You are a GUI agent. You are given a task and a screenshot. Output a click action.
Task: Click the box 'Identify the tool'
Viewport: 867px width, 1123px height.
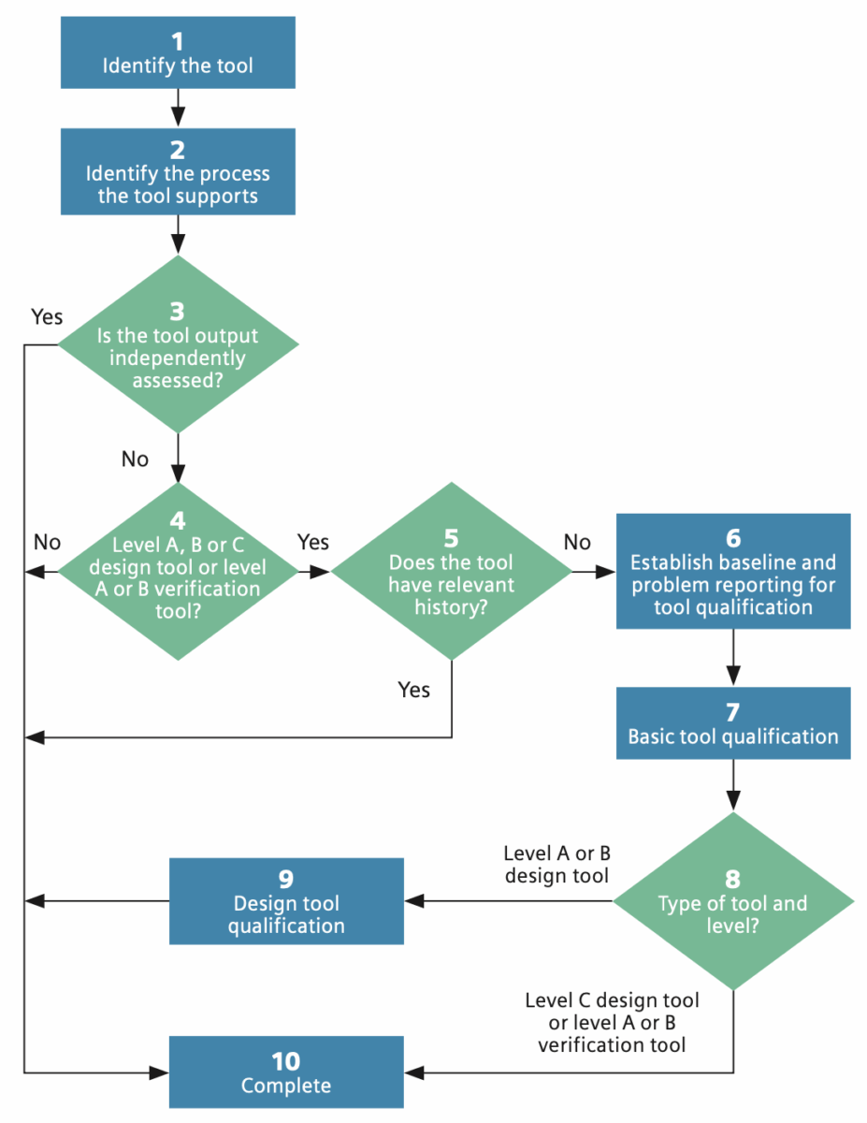click(178, 53)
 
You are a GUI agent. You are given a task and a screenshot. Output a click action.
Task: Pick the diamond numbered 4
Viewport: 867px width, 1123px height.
click(178, 570)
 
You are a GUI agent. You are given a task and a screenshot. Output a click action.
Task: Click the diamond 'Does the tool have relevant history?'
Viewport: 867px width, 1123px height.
click(452, 570)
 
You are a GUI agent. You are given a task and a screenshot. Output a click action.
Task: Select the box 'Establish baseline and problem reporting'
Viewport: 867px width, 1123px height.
click(732, 570)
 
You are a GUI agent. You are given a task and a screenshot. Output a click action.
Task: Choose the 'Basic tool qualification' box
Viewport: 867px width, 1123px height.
click(732, 722)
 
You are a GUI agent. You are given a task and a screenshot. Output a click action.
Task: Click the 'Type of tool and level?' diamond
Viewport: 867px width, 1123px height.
click(732, 901)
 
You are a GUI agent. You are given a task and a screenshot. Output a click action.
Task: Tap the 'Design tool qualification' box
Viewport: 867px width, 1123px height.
click(286, 901)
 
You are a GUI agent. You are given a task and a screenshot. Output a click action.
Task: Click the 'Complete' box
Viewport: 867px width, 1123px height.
click(286, 1072)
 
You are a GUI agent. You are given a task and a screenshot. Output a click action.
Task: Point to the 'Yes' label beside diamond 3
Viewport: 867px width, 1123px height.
click(46, 316)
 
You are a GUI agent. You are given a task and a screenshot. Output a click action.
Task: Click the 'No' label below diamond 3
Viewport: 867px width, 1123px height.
click(135, 459)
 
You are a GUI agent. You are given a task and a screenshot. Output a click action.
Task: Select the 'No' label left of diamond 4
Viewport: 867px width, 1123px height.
click(47, 542)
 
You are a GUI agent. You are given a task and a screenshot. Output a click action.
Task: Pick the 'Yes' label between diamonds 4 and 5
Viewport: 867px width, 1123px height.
click(313, 542)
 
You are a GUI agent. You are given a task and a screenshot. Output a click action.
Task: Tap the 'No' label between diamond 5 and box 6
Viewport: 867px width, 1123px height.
click(577, 542)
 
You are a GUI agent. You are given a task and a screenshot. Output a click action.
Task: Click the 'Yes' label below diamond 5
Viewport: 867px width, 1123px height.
click(414, 690)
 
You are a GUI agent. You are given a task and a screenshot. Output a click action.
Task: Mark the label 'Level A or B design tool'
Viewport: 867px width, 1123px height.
click(556, 865)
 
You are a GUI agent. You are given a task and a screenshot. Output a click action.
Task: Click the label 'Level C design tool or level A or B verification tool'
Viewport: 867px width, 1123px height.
click(612, 1022)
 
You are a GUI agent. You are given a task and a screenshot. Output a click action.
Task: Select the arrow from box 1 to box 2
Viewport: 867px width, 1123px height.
click(178, 108)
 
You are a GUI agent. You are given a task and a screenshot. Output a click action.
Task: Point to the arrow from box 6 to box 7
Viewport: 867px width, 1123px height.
click(732, 657)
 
